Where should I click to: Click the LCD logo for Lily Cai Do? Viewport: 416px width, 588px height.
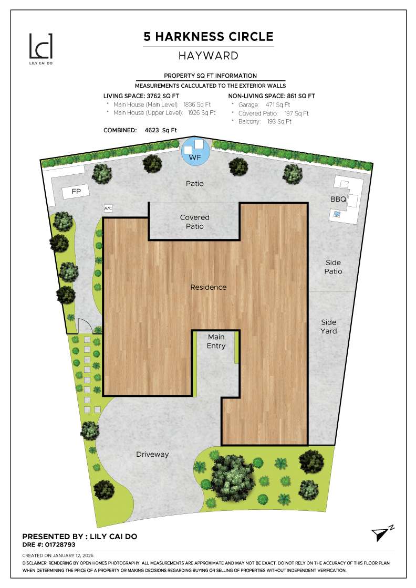pos(40,46)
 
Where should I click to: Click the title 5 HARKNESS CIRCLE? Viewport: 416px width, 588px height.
pos(209,37)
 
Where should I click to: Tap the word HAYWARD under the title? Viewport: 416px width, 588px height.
pos(209,55)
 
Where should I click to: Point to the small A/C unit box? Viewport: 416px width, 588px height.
pos(108,208)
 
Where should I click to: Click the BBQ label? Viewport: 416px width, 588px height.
pos(338,199)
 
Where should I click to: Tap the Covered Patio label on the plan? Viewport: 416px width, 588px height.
pos(194,222)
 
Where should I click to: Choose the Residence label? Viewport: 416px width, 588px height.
pos(209,287)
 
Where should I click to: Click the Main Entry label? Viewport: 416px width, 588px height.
pos(216,341)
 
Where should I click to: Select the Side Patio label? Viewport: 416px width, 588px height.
pos(333,267)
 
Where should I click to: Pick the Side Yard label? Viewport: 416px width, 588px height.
pos(329,327)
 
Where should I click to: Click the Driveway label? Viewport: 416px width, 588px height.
pos(152,454)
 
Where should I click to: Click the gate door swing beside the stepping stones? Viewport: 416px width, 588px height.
pos(85,326)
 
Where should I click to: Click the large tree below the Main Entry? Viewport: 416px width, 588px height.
pos(233,476)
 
